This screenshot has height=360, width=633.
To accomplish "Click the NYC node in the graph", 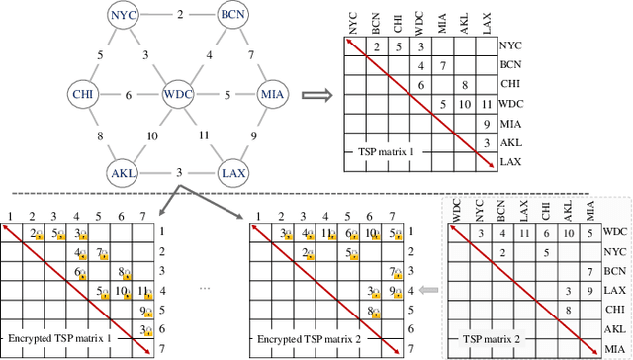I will (124, 16).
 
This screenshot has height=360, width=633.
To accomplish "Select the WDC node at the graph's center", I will (178, 95).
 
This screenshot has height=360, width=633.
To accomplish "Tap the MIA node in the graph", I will (271, 95).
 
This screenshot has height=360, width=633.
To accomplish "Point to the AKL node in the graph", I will (125, 173).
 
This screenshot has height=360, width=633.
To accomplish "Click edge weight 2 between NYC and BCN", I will (179, 16).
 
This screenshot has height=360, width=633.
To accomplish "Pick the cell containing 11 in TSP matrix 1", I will (482, 105).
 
